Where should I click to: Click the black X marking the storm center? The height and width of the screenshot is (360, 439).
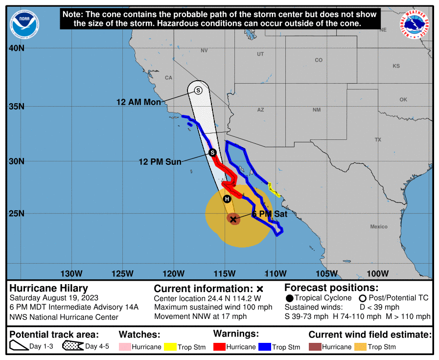tap(233, 219)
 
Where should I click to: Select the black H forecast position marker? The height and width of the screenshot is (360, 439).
tap(227, 199)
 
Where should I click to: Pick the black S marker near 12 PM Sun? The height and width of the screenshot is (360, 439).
tap(212, 153)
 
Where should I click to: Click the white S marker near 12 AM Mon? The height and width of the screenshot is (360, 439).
tap(198, 90)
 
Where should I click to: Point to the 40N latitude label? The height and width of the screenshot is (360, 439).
tap(16, 48)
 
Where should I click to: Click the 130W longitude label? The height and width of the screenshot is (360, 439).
tap(70, 273)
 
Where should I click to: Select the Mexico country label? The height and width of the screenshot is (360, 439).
tap(379, 226)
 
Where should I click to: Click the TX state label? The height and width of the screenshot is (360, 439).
tap(378, 140)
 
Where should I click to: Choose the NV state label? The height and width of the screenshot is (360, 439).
tap(204, 50)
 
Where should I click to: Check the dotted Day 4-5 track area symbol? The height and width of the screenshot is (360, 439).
tap(72, 346)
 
